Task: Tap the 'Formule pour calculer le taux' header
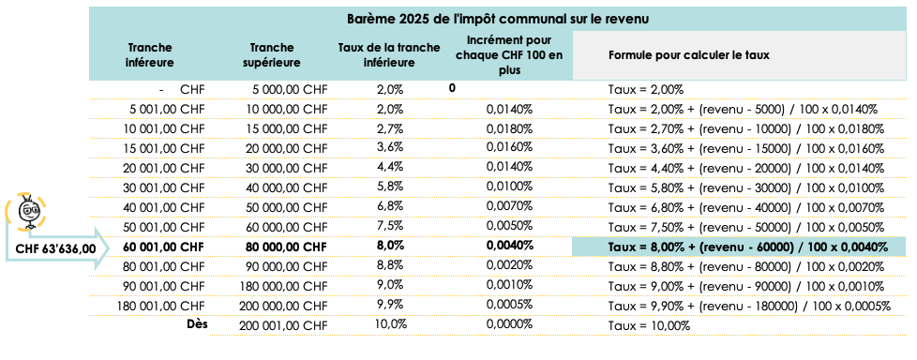pos(688,55)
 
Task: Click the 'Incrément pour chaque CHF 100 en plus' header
pos(507,54)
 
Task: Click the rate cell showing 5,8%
pos(389,187)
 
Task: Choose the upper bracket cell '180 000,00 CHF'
pos(277,286)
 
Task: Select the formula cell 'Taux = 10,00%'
pos(649,325)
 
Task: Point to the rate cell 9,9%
pos(389,306)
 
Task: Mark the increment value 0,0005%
pos(510,306)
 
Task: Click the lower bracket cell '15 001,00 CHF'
pos(165,148)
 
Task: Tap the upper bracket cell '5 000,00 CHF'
pos(289,90)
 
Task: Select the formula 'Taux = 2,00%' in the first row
pos(646,90)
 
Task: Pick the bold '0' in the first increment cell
pos(452,88)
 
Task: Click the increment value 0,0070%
pos(510,207)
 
